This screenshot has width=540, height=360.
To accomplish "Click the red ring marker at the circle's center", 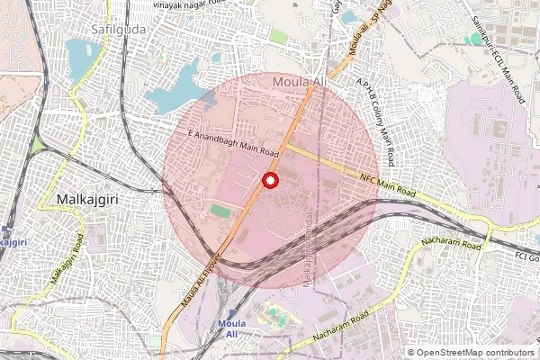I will tap(269, 181).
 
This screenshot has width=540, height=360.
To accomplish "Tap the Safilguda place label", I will tap(119, 29).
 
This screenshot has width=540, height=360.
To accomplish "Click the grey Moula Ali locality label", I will tap(298, 83).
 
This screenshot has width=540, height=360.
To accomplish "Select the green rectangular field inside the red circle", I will tap(221, 211).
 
